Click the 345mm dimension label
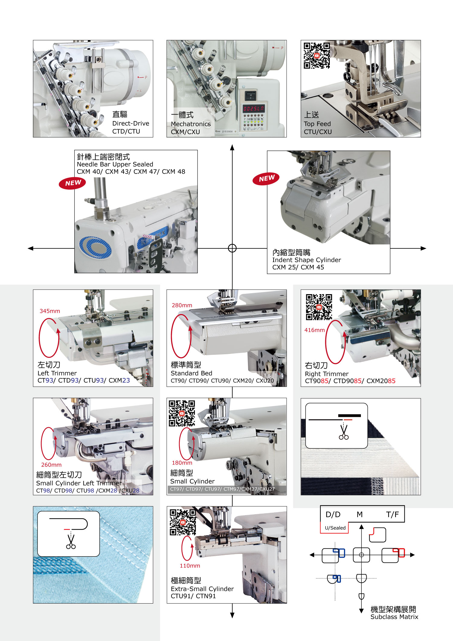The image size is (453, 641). [50, 311]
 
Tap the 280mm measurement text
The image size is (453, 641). [182, 305]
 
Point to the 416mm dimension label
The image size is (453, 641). [314, 330]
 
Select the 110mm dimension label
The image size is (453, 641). [190, 566]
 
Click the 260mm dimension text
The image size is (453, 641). [51, 465]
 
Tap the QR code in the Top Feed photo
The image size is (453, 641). [316, 56]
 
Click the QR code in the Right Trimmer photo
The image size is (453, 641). [319, 307]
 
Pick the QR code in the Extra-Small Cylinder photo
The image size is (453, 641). [183, 522]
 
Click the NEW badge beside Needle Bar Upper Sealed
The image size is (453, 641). [72, 183]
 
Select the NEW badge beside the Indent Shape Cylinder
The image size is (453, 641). [266, 178]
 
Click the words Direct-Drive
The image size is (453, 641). [130, 123]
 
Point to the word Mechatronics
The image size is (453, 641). [191, 124]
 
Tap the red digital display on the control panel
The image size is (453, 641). [254, 108]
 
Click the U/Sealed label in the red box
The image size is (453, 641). [335, 528]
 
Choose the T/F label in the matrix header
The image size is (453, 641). [392, 514]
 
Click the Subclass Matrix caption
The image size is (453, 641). [394, 617]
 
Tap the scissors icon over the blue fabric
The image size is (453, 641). [71, 542]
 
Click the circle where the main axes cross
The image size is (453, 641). [232, 248]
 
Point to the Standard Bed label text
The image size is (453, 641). [191, 373]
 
